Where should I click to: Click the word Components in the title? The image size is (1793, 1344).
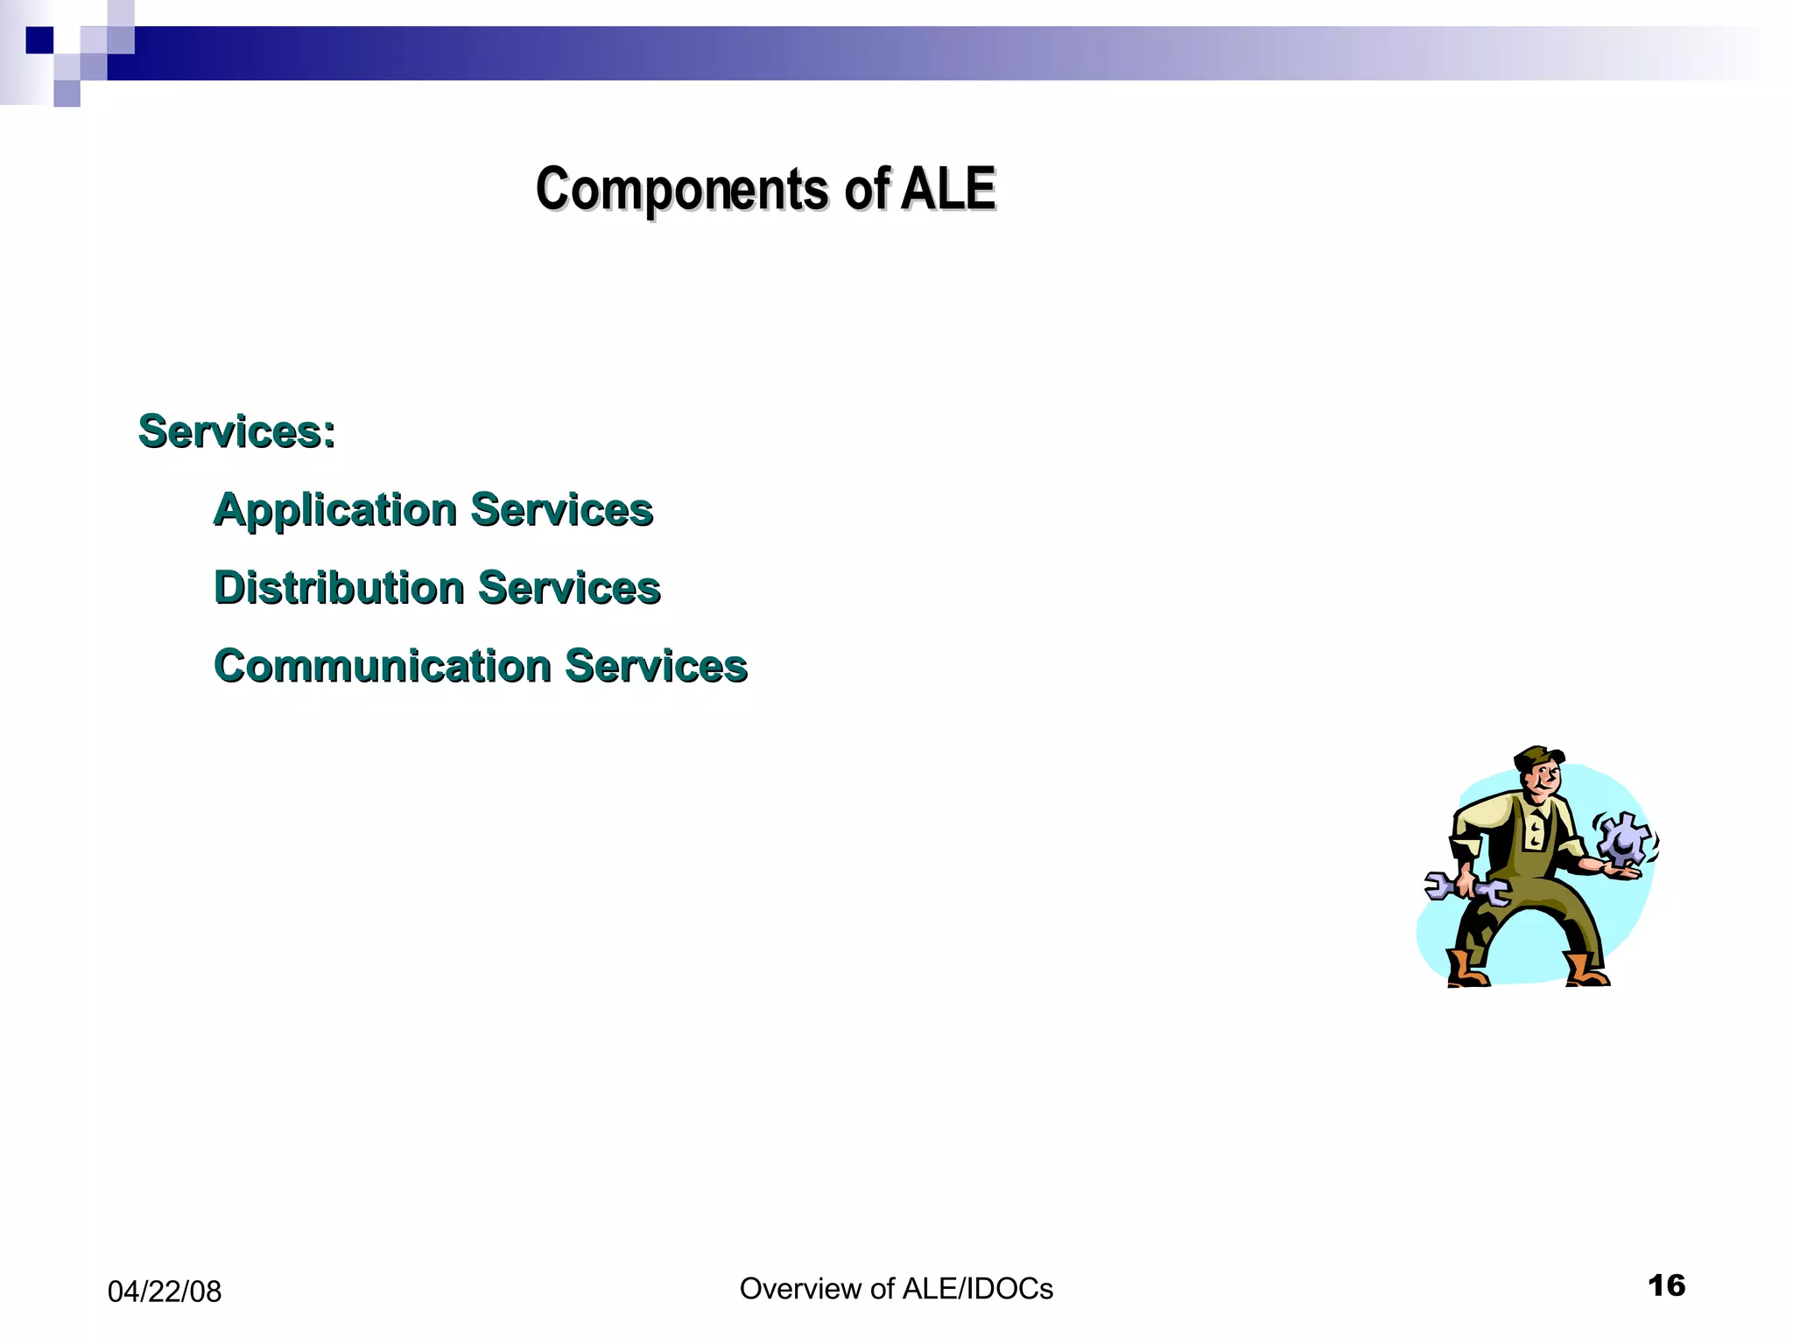[681, 189]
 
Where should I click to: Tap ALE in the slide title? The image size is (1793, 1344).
[948, 188]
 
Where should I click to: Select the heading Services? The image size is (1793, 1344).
[236, 431]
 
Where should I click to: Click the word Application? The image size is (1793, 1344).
[335, 509]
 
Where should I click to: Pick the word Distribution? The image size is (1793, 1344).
[339, 587]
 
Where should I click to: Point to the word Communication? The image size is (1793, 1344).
[382, 666]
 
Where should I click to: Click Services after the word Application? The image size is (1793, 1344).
[561, 509]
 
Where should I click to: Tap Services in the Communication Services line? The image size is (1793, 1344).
[656, 666]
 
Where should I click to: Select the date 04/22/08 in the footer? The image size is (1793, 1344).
[164, 1291]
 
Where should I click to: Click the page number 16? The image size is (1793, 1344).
[1665, 1285]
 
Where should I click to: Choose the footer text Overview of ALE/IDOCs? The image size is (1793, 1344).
[896, 1288]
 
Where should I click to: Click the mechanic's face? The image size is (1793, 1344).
[1545, 780]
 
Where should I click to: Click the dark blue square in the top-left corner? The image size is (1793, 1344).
[39, 40]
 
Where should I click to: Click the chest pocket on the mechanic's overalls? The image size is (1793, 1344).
[1536, 829]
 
